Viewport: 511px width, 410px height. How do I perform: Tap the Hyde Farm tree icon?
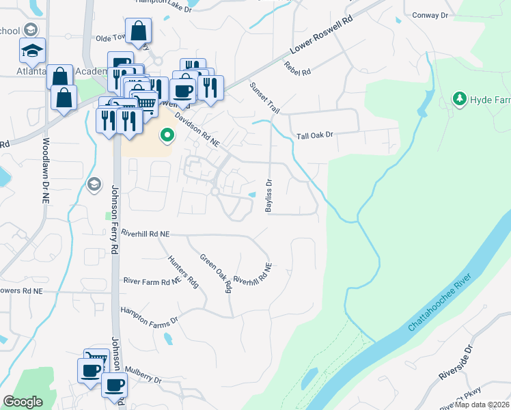coord(460,100)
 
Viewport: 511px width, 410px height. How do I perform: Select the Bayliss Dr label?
coord(269,195)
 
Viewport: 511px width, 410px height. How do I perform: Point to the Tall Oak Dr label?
coord(314,135)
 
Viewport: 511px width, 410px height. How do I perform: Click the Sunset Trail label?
coord(265,98)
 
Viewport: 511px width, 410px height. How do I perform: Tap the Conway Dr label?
coord(430,14)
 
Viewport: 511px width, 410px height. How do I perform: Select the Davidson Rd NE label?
coord(196,130)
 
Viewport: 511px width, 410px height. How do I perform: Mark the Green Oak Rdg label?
coord(217,273)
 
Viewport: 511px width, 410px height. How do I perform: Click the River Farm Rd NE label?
coord(152,280)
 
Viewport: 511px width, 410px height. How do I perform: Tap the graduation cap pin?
coord(31,50)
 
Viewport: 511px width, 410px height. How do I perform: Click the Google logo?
coord(22,402)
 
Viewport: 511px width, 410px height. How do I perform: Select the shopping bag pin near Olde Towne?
coord(138,30)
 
